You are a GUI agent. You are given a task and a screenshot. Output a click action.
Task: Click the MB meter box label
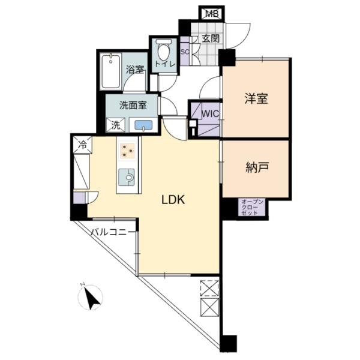pyautogui.click(x=211, y=14)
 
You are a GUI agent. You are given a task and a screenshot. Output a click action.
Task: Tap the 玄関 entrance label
pyautogui.click(x=211, y=38)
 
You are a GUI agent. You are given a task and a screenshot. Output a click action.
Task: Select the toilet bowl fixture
pyautogui.click(x=164, y=49)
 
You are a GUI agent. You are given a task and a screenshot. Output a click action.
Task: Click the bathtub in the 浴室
pyautogui.click(x=110, y=71)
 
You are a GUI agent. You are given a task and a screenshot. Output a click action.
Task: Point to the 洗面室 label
pyautogui.click(x=133, y=106)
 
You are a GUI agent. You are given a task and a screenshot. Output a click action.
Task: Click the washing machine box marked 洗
pyautogui.click(x=116, y=125)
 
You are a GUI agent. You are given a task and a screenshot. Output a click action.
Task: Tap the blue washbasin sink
pyautogui.click(x=143, y=125)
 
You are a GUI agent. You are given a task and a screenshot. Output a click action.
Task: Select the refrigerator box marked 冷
pyautogui.click(x=82, y=145)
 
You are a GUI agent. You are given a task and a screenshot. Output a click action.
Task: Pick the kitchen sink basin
pyautogui.click(x=127, y=177)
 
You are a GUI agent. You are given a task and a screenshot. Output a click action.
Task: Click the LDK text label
pyautogui.click(x=173, y=200)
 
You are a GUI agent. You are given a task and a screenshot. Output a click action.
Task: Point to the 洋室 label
pyautogui.click(x=256, y=98)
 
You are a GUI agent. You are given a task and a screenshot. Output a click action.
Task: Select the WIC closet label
pyautogui.click(x=210, y=113)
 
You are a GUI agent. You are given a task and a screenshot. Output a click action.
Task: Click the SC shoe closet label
pyautogui.click(x=185, y=52)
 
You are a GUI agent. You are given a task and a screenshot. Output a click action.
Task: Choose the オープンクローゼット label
pyautogui.click(x=251, y=208)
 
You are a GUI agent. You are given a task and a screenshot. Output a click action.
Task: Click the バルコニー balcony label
pyautogui.click(x=112, y=232)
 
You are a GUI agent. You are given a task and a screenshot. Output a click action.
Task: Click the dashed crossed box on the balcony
pyautogui.click(x=209, y=287)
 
